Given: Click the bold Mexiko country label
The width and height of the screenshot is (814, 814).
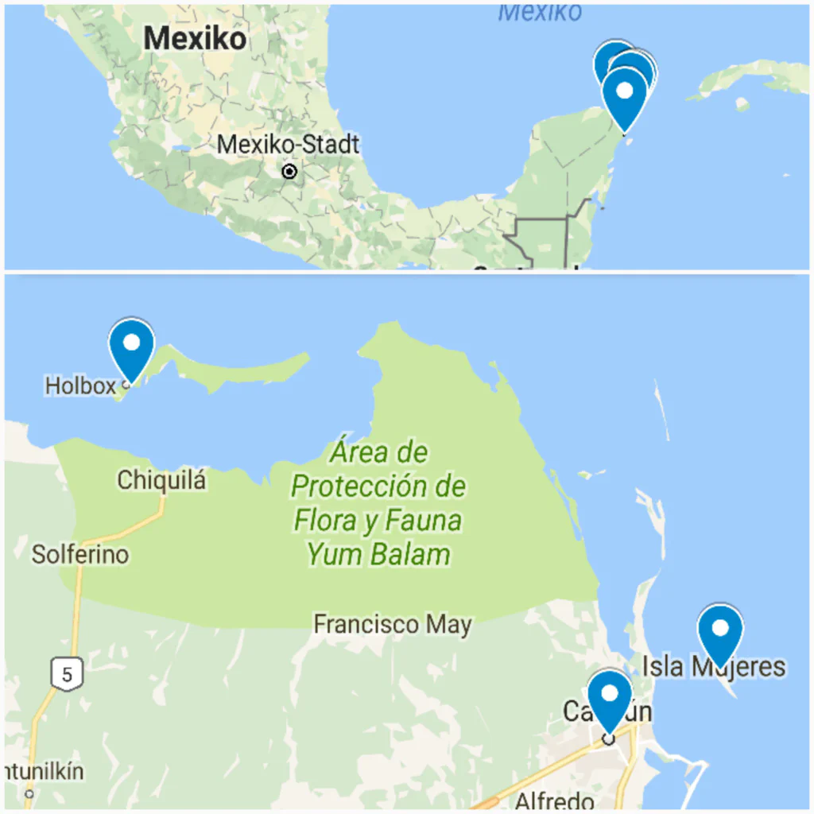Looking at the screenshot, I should click(x=196, y=37).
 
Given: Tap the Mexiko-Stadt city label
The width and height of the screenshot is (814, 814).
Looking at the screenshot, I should click(x=288, y=145).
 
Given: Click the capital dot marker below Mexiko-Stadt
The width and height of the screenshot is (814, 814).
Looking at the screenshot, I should click(x=290, y=172).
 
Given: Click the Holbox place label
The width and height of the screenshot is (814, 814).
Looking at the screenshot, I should click(x=80, y=386).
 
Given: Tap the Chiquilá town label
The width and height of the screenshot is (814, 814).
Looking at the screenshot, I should click(x=161, y=480).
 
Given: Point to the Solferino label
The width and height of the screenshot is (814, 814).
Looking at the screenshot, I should click(x=79, y=554).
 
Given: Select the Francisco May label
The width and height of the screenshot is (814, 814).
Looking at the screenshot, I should click(x=393, y=625).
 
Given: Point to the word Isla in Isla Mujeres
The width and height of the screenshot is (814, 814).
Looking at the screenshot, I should click(x=663, y=666).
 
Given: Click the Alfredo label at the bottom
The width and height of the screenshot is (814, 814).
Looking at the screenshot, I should click(x=555, y=800).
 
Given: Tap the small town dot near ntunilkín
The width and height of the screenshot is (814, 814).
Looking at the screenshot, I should click(x=29, y=793).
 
